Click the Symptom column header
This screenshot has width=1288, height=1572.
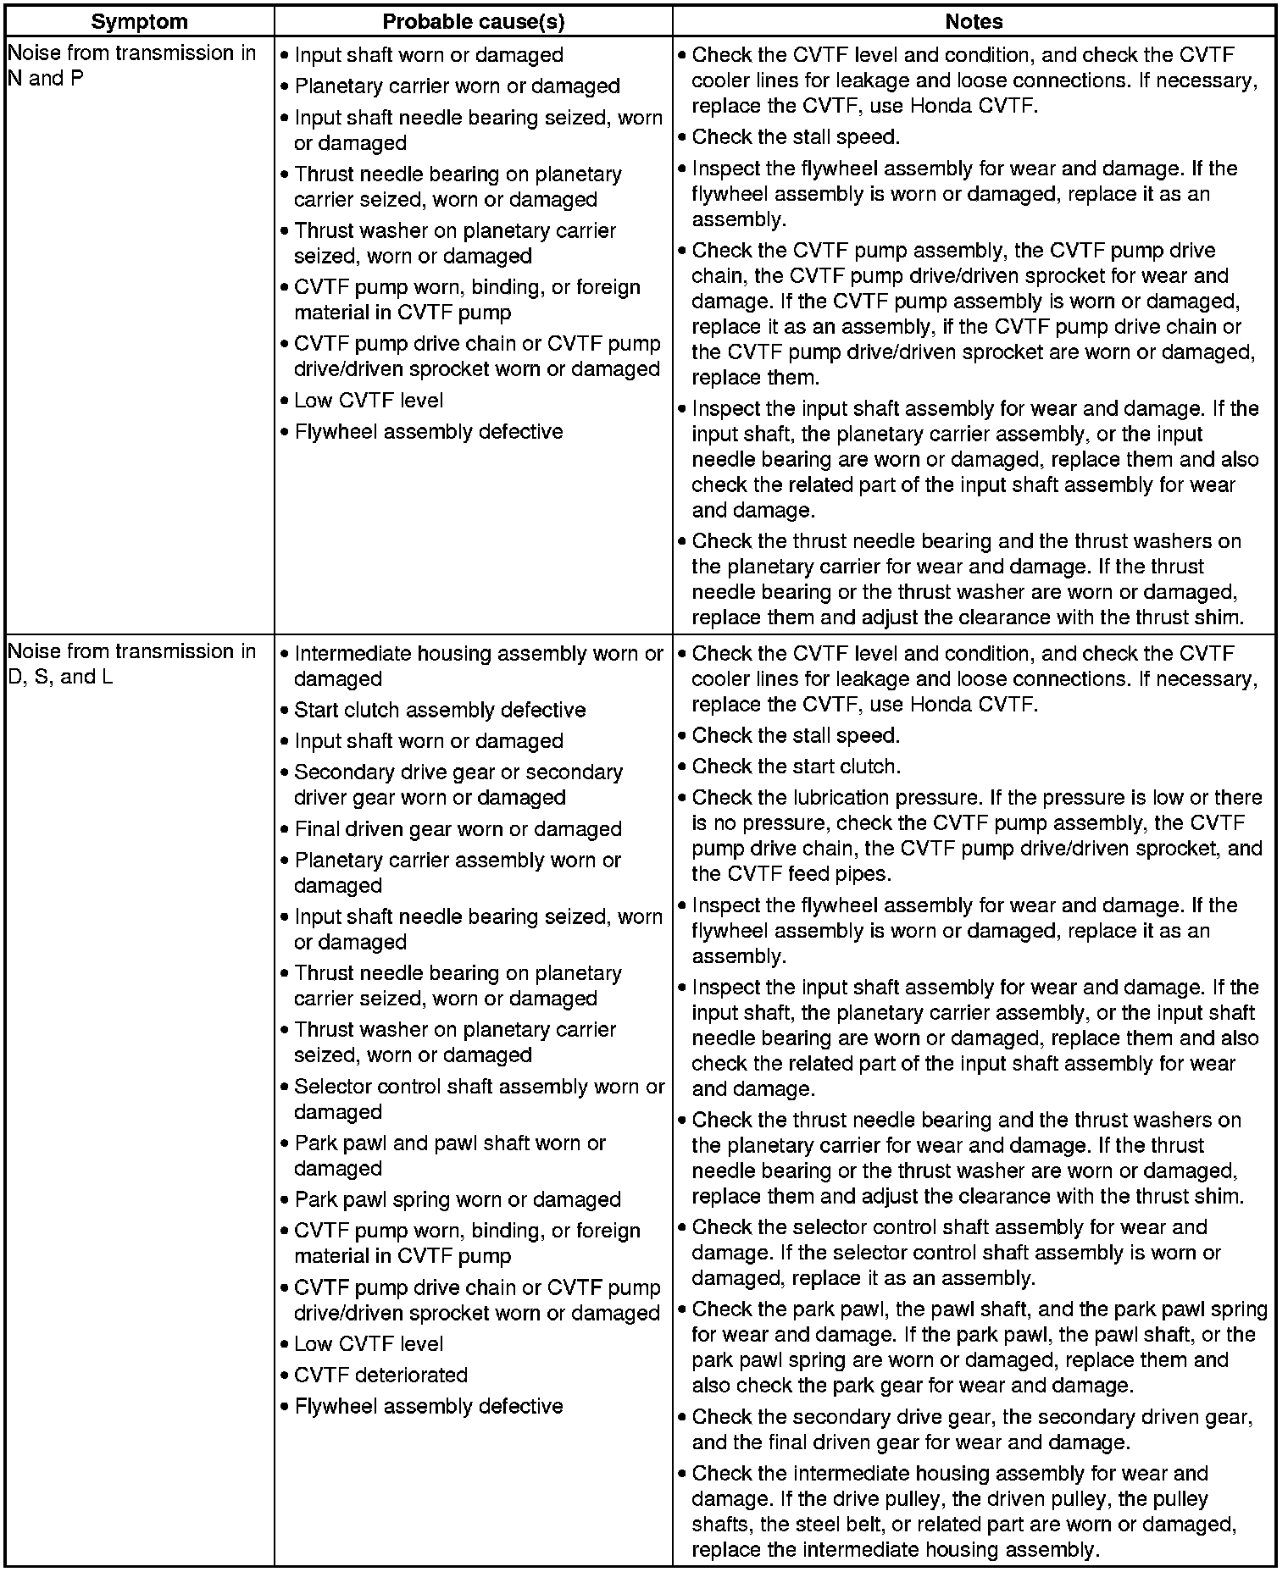(x=139, y=21)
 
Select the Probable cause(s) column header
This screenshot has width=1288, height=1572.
(x=473, y=21)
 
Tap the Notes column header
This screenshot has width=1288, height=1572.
(x=974, y=21)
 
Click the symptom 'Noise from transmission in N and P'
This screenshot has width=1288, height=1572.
(x=131, y=66)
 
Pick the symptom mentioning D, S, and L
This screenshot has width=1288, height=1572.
(x=131, y=664)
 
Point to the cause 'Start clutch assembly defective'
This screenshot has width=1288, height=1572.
(x=440, y=710)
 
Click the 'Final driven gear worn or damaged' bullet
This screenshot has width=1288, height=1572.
(x=458, y=828)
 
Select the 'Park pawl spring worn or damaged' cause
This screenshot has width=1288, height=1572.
(x=458, y=1199)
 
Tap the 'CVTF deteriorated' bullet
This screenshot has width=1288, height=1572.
(x=380, y=1375)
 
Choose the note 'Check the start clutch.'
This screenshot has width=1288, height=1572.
(x=796, y=767)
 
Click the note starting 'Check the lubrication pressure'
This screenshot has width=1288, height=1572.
(x=974, y=835)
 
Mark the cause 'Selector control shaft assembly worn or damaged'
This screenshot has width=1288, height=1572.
(x=479, y=1099)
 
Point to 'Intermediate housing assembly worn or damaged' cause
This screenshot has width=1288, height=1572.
(x=478, y=666)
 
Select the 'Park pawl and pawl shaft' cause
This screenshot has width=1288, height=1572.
(x=449, y=1155)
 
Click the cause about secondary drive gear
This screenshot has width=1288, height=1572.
(x=458, y=784)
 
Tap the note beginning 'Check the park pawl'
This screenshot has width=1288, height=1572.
(x=974, y=1347)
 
